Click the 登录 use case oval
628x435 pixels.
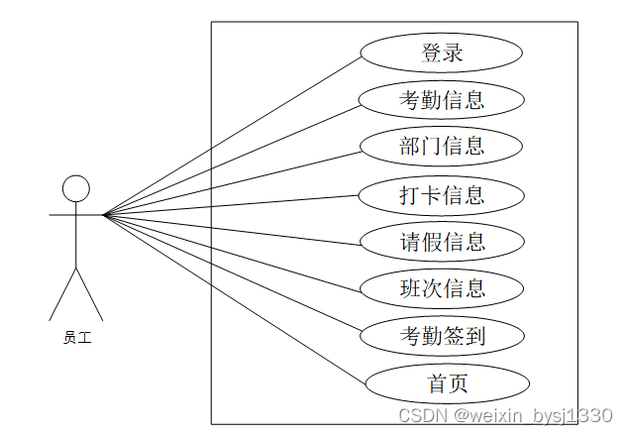click(441, 54)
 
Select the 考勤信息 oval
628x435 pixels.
click(441, 100)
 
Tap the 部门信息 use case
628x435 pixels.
click(441, 148)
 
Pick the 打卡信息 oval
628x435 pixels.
click(441, 195)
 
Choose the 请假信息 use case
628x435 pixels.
click(441, 242)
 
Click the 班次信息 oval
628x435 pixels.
click(441, 288)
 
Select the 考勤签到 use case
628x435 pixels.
click(441, 336)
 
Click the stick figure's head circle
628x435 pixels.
click(76, 188)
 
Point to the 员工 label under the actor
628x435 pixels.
click(76, 338)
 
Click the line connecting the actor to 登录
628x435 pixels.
click(233, 134)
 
